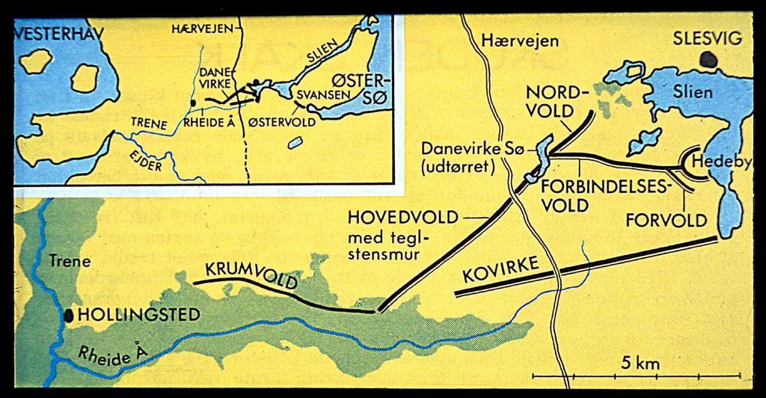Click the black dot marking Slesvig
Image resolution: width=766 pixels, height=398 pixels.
click(x=707, y=58)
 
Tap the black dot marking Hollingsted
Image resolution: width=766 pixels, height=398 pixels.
click(x=70, y=315)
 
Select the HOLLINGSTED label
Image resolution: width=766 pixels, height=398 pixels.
click(x=139, y=315)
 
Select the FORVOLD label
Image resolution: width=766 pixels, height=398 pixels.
click(x=666, y=220)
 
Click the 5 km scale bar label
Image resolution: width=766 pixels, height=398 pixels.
click(x=641, y=364)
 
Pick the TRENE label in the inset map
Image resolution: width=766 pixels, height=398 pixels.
click(x=148, y=121)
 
